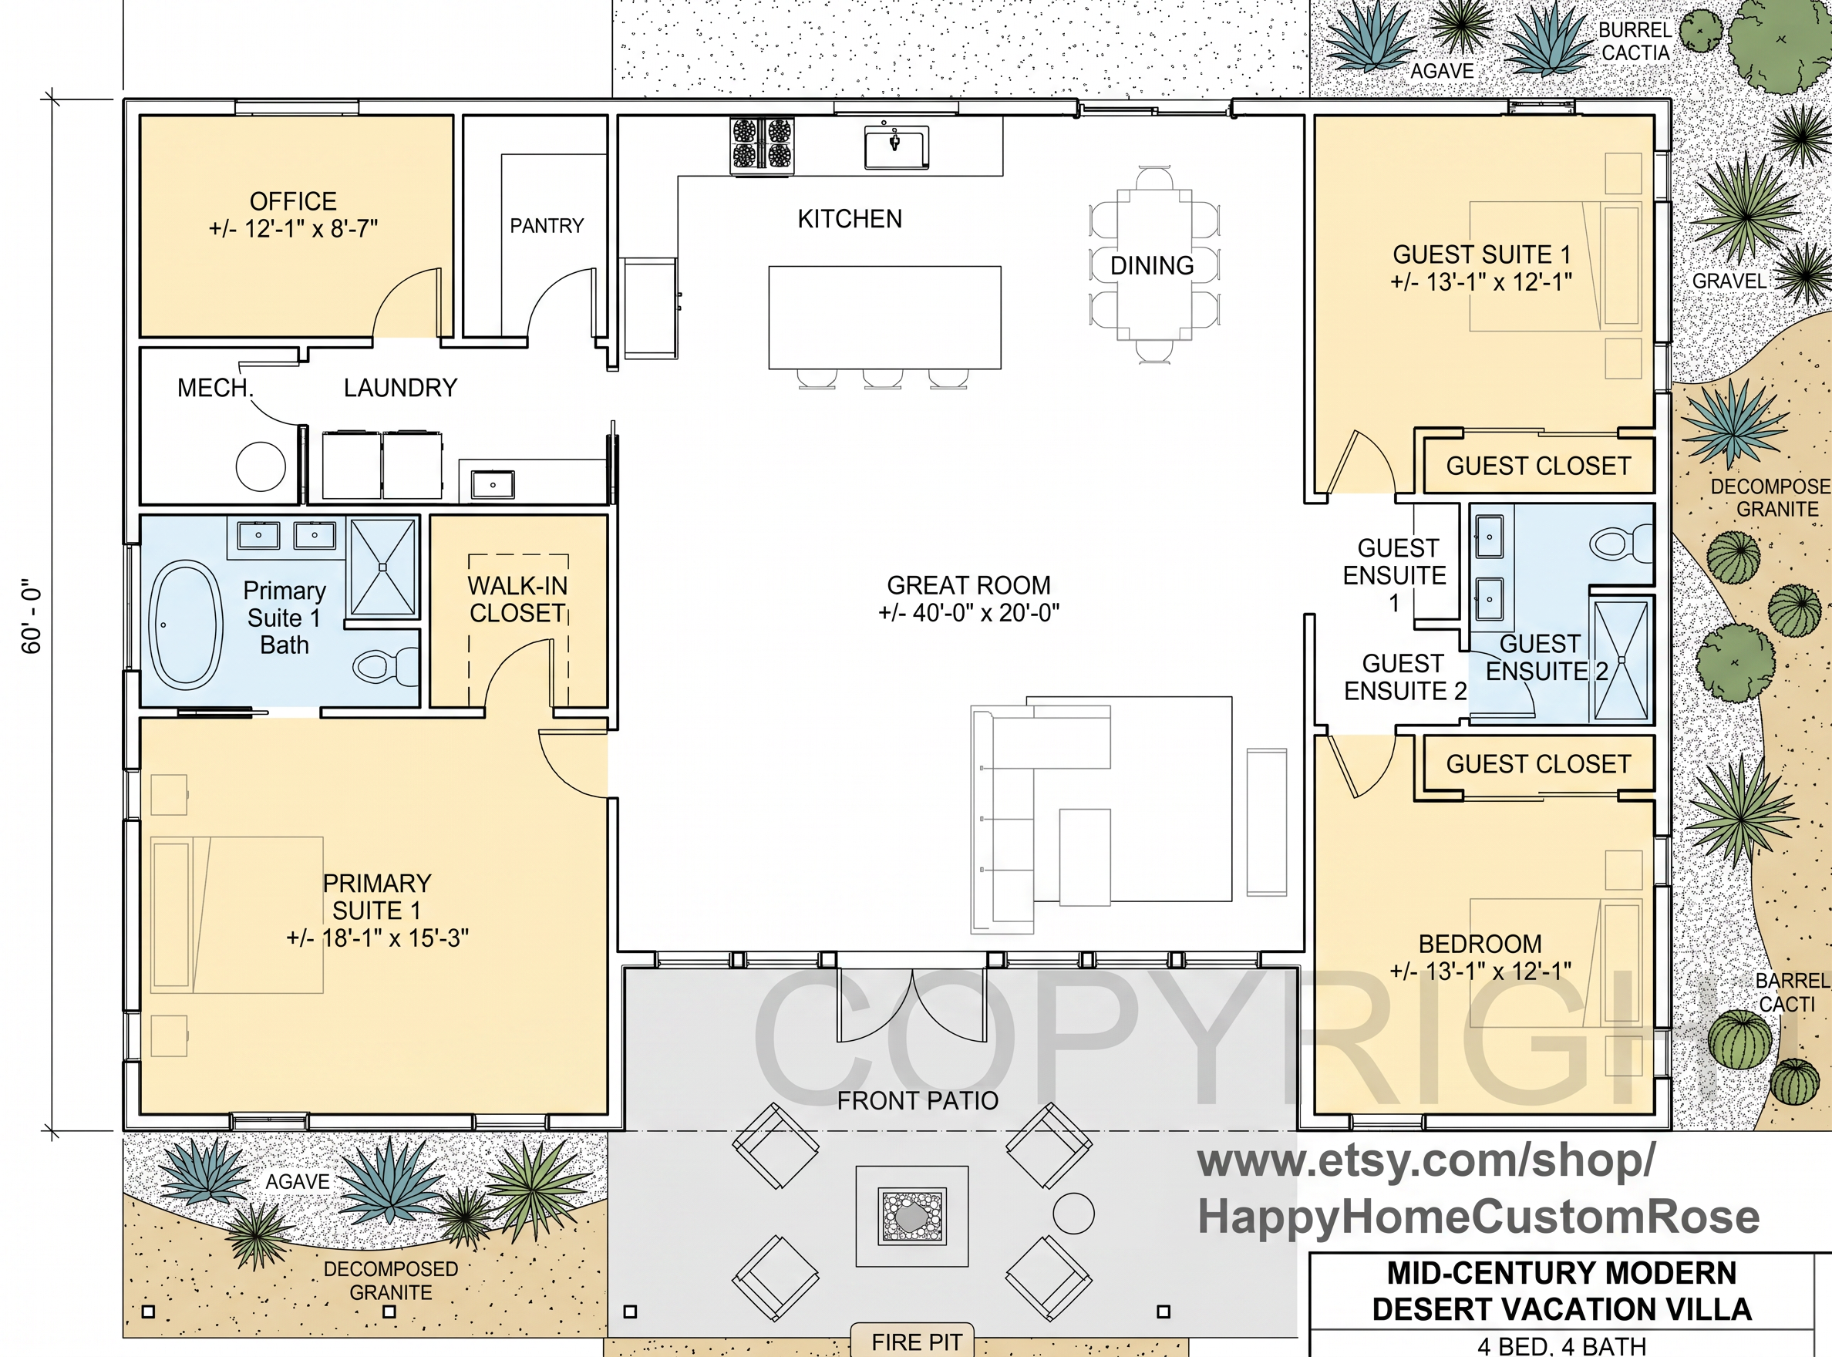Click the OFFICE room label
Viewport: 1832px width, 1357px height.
[293, 201]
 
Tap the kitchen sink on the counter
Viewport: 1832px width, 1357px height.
[895, 146]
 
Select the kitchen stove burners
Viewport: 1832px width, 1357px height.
[763, 145]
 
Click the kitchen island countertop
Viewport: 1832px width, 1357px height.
[885, 317]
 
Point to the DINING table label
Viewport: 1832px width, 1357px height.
[1152, 265]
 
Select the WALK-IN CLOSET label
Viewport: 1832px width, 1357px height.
[517, 600]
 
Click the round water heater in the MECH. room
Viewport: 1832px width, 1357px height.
[261, 466]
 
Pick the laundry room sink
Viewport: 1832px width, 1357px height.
[493, 485]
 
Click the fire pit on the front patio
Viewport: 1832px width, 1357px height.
[912, 1217]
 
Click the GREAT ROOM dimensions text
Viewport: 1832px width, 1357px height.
[968, 613]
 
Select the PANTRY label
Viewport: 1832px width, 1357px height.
[547, 226]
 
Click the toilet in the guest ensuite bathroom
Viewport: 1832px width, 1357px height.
[1621, 544]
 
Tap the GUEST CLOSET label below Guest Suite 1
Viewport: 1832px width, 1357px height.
[1538, 466]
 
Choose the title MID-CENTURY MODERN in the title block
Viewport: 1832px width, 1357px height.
[1561, 1273]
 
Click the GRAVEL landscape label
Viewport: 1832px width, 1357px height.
[1729, 281]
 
